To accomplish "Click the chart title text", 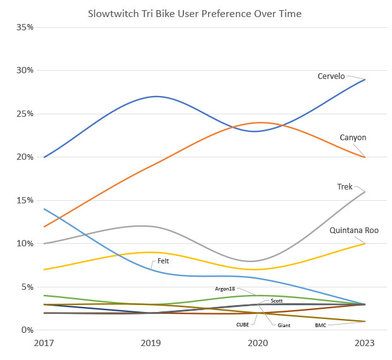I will point(195,13).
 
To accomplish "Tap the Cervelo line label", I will point(331,76).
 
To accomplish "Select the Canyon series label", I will point(353,138).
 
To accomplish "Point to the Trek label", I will point(345,187).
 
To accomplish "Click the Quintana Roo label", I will point(354,231).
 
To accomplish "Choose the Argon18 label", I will point(225,289).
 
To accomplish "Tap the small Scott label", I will point(276,301).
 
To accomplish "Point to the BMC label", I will point(321,325).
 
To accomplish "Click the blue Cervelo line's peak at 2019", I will point(156,97).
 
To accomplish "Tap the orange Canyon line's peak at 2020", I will point(259,123).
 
